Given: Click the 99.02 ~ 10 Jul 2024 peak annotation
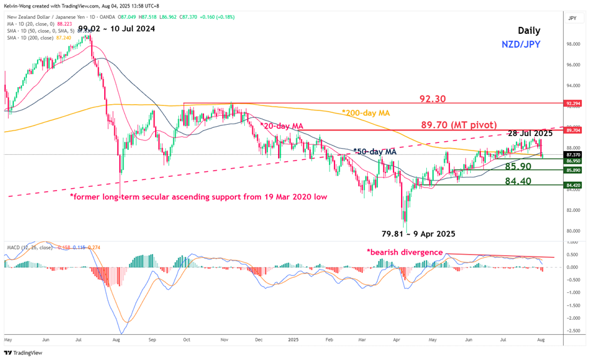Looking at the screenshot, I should coord(117,28).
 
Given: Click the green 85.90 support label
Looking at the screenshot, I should coord(522,167).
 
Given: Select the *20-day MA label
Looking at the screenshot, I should coord(282,126).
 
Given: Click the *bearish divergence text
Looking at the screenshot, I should coord(405,252).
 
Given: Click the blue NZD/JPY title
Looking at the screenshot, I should coord(520,45).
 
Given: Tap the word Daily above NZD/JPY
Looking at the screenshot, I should coord(528,31).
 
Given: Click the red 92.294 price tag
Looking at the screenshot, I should coord(572,103).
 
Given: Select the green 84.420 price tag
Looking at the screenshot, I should coord(572,185).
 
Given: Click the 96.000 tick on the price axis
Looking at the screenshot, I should coord(572,65).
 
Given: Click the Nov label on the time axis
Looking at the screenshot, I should coord(224,339).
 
